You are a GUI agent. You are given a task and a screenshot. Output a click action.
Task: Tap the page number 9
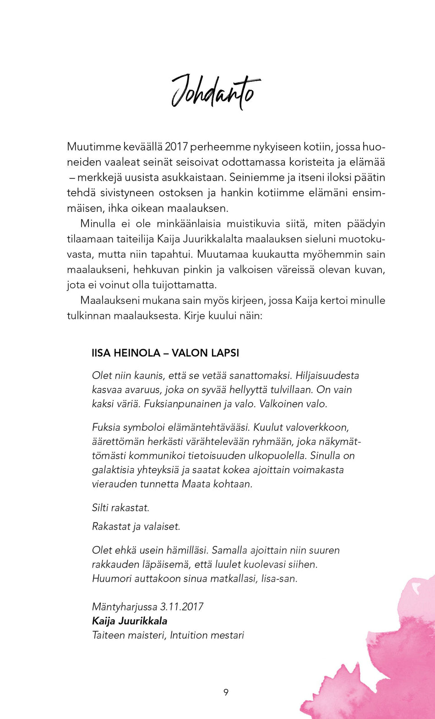click(x=226, y=692)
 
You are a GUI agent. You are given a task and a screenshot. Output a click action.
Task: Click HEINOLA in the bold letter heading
click(x=137, y=353)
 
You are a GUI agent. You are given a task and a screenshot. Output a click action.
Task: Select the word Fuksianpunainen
click(x=182, y=404)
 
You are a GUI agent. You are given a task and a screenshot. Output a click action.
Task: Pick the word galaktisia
click(x=113, y=470)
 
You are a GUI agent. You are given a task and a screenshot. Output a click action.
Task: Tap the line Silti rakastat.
click(x=120, y=508)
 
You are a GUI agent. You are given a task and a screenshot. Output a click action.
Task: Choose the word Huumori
click(x=112, y=578)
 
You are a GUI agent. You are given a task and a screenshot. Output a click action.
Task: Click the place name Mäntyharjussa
click(x=125, y=607)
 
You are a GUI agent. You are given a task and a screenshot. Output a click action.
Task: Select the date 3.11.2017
click(x=182, y=607)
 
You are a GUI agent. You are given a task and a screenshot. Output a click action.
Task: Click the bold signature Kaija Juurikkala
click(x=130, y=621)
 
